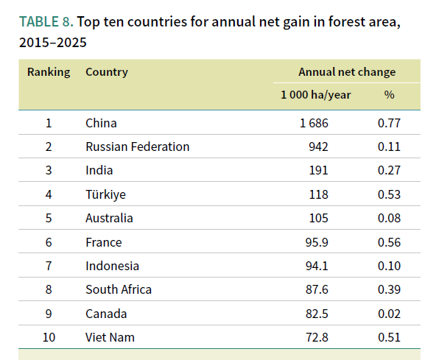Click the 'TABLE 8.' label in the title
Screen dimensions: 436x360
[46, 21]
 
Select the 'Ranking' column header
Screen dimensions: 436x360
[49, 72]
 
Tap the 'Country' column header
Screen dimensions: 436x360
[107, 72]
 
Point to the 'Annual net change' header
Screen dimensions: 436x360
[347, 72]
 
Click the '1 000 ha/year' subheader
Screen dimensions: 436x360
[316, 95]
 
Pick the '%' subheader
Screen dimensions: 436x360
[390, 95]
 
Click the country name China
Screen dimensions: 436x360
[101, 123]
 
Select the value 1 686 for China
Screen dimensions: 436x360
[314, 123]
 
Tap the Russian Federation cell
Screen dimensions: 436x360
[138, 147]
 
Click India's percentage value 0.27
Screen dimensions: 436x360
[389, 170]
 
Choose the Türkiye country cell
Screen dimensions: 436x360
[105, 194]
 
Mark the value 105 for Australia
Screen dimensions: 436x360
[319, 218]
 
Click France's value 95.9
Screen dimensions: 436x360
[317, 242]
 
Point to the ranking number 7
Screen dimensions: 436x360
[49, 266]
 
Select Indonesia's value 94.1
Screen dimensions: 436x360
[317, 266]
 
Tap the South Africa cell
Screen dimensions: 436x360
[119, 289]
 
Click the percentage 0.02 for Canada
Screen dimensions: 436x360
[389, 314]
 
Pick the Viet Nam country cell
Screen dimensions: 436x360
[110, 337]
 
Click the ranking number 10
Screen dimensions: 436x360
[49, 337]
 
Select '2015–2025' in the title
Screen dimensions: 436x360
[53, 43]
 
